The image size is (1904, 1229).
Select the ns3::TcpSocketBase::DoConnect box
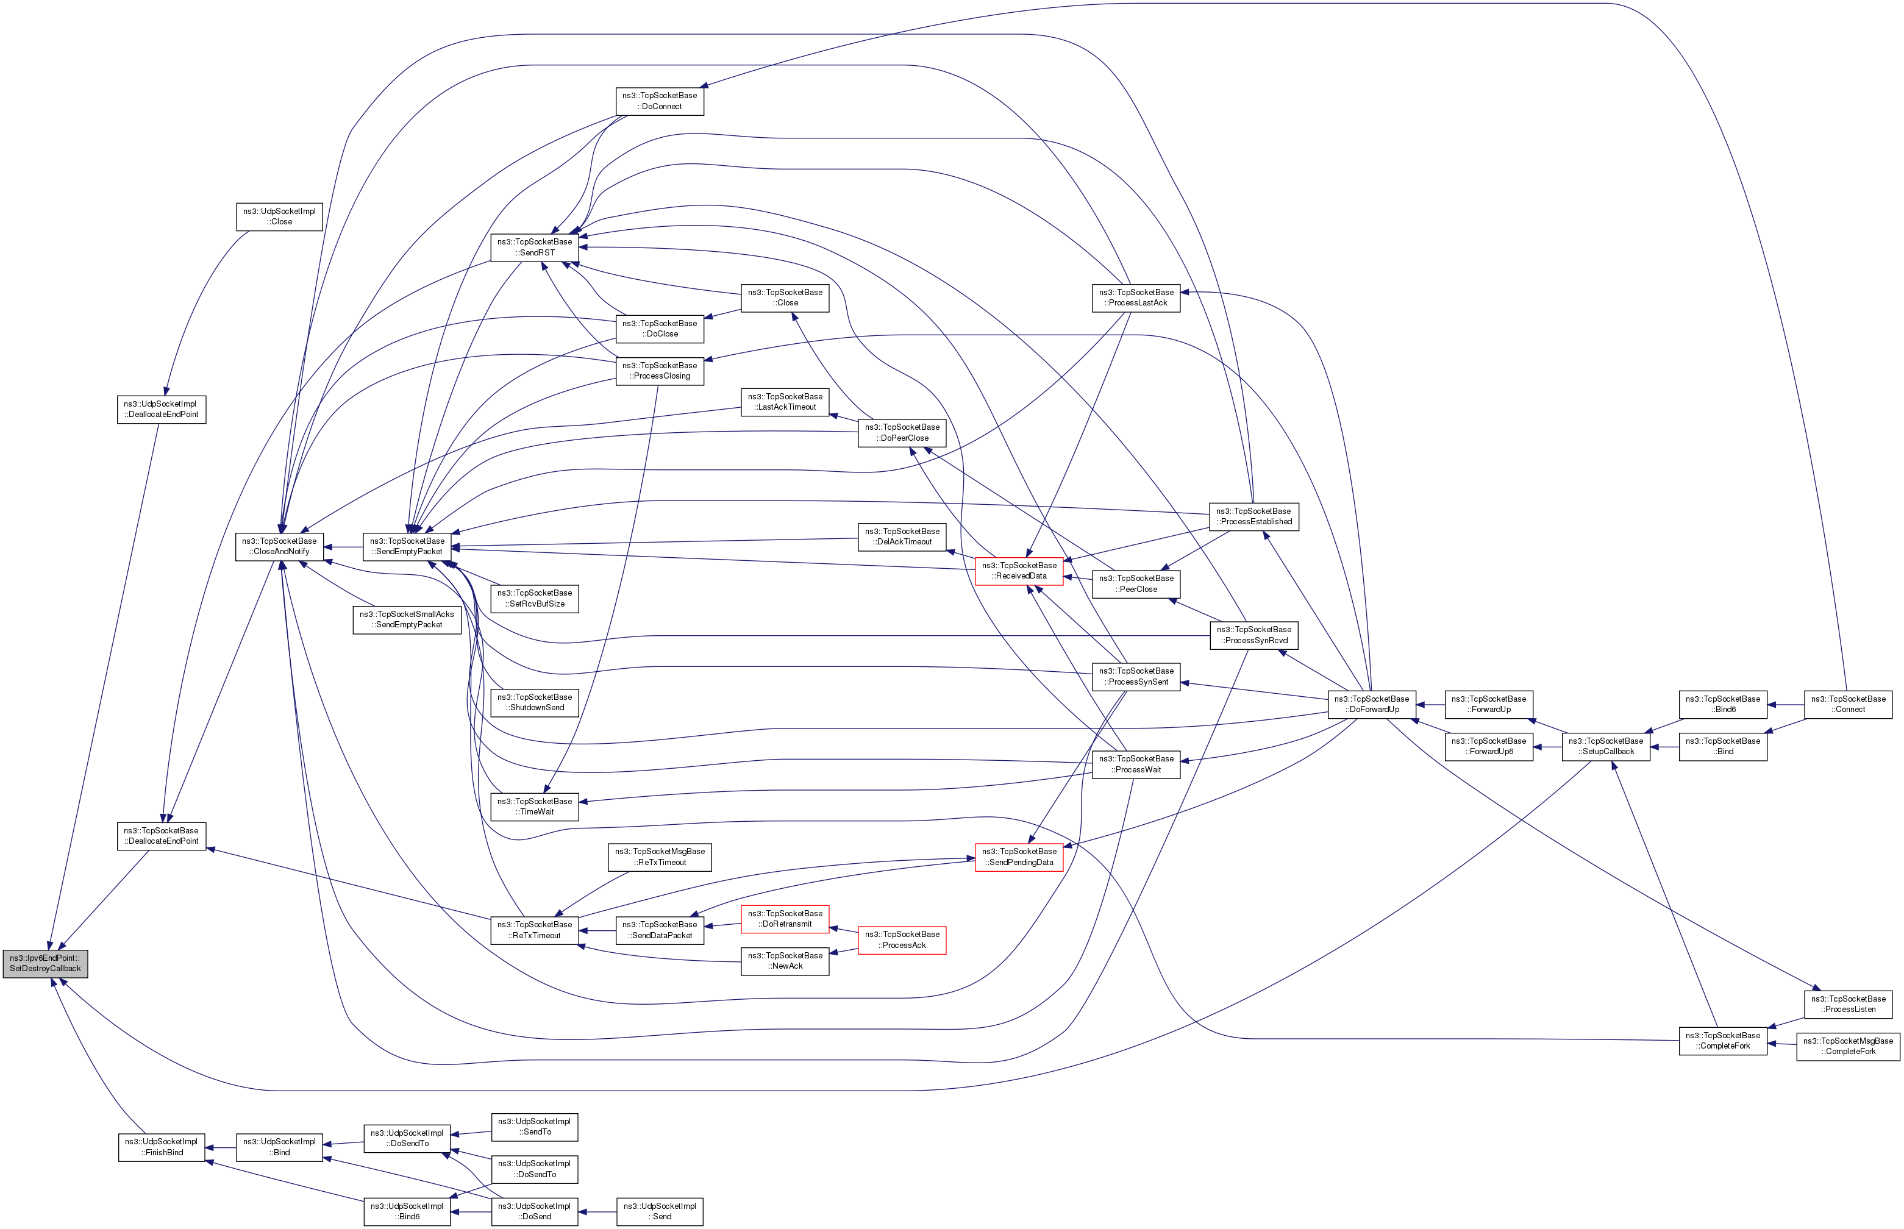click(x=659, y=101)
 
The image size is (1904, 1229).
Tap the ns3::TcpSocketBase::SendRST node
click(x=534, y=248)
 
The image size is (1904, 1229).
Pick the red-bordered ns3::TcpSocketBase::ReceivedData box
click(x=1019, y=571)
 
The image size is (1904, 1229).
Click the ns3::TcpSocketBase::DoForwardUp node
click(x=1372, y=704)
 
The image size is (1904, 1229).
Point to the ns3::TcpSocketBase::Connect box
click(x=1847, y=704)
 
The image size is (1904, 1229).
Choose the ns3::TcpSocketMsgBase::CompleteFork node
click(x=1847, y=1046)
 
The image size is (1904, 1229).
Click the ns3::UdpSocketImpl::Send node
click(x=659, y=1211)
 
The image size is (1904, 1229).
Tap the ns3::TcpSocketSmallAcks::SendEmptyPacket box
click(x=407, y=619)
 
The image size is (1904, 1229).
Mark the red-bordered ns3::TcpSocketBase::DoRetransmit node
click(x=785, y=919)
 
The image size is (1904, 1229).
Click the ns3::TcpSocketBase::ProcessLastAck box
click(x=1136, y=297)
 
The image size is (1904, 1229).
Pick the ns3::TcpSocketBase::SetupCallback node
click(x=1605, y=746)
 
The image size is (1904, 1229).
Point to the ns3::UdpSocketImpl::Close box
click(x=279, y=216)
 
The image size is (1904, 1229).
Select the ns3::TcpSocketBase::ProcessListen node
click(x=1847, y=1004)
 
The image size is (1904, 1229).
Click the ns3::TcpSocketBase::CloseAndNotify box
click(x=279, y=547)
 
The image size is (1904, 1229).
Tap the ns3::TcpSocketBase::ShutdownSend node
click(x=534, y=702)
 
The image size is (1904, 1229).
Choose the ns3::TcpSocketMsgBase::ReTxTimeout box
click(x=659, y=857)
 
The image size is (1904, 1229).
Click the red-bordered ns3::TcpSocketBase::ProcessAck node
click(x=902, y=939)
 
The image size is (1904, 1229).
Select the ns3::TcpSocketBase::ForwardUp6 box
click(x=1488, y=746)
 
